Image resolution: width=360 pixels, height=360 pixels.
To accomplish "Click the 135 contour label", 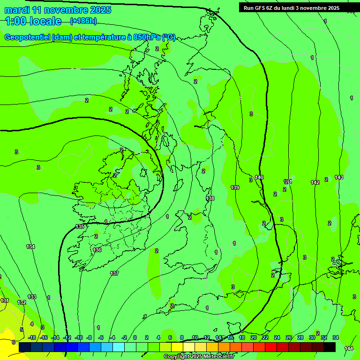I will coord(80,226).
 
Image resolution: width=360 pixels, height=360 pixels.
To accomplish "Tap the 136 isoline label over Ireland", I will coord(97,250).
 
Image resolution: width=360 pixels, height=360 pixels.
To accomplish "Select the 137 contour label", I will coord(114,273).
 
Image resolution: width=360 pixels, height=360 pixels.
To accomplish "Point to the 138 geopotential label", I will coord(210,198).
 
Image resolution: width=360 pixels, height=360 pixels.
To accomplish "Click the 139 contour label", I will coord(235,187).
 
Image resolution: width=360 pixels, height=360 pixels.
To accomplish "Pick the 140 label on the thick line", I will coord(259,177).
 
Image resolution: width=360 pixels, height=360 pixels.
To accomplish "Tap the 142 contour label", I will coord(315,182).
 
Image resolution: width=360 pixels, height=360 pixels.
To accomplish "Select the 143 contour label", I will coord(339,177).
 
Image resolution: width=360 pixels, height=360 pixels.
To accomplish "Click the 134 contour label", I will coord(30,247).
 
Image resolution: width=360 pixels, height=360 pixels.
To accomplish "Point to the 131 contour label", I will coord(5,300).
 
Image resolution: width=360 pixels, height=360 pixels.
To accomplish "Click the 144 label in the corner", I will coord(348,348).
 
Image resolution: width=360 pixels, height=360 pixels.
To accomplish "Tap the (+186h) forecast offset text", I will coord(83,21).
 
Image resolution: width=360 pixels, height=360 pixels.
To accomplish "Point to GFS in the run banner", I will coord(260,8).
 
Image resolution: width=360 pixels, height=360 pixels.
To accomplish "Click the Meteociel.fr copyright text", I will coord(220,357).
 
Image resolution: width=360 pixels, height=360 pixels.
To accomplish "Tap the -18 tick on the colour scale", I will coord(32,337).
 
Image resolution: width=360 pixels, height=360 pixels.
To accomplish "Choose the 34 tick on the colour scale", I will coord(336,337).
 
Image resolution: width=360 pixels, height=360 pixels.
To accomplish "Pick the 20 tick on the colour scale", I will coord(253,337).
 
